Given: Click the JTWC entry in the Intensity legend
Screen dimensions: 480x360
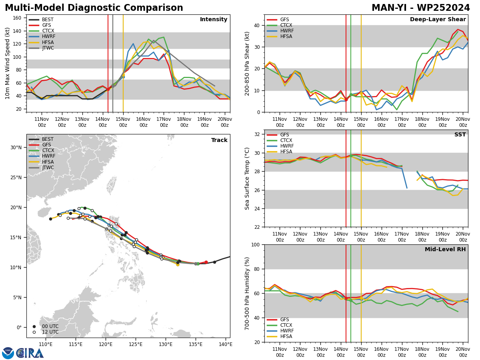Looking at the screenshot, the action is coord(48,48).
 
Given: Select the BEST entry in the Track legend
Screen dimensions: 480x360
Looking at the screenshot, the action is coord(48,139).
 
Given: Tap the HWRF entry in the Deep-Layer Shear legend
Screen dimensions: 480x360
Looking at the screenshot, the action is coord(287,31).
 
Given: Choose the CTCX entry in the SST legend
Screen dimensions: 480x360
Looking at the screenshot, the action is coord(286,140).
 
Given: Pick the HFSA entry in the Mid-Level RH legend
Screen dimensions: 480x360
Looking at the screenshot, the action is coord(286,336).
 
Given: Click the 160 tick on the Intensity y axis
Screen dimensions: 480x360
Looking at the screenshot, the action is coord(17,18).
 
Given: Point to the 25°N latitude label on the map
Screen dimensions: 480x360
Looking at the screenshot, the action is coord(16,178).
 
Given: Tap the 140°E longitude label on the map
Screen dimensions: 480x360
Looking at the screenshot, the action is coord(226,345).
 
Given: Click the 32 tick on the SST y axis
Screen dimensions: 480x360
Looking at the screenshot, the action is coord(257,134).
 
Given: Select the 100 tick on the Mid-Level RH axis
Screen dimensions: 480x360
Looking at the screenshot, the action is coord(256,245).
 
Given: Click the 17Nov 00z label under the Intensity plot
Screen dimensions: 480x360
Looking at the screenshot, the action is coord(164,122).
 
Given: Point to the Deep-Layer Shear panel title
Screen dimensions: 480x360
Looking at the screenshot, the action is coord(438,20).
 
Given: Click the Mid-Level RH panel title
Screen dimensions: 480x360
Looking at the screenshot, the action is coord(445,249).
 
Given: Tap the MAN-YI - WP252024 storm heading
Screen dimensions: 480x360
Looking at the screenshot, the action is coord(421,8).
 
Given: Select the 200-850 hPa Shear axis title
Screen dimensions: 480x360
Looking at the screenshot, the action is coord(247,64).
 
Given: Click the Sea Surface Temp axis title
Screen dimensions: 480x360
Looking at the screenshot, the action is coord(247,179).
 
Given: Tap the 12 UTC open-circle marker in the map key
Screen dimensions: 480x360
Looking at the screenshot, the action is coord(34,332).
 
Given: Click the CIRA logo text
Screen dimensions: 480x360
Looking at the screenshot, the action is coord(30,353).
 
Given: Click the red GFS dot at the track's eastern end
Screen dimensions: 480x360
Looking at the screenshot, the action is coord(206,262).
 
